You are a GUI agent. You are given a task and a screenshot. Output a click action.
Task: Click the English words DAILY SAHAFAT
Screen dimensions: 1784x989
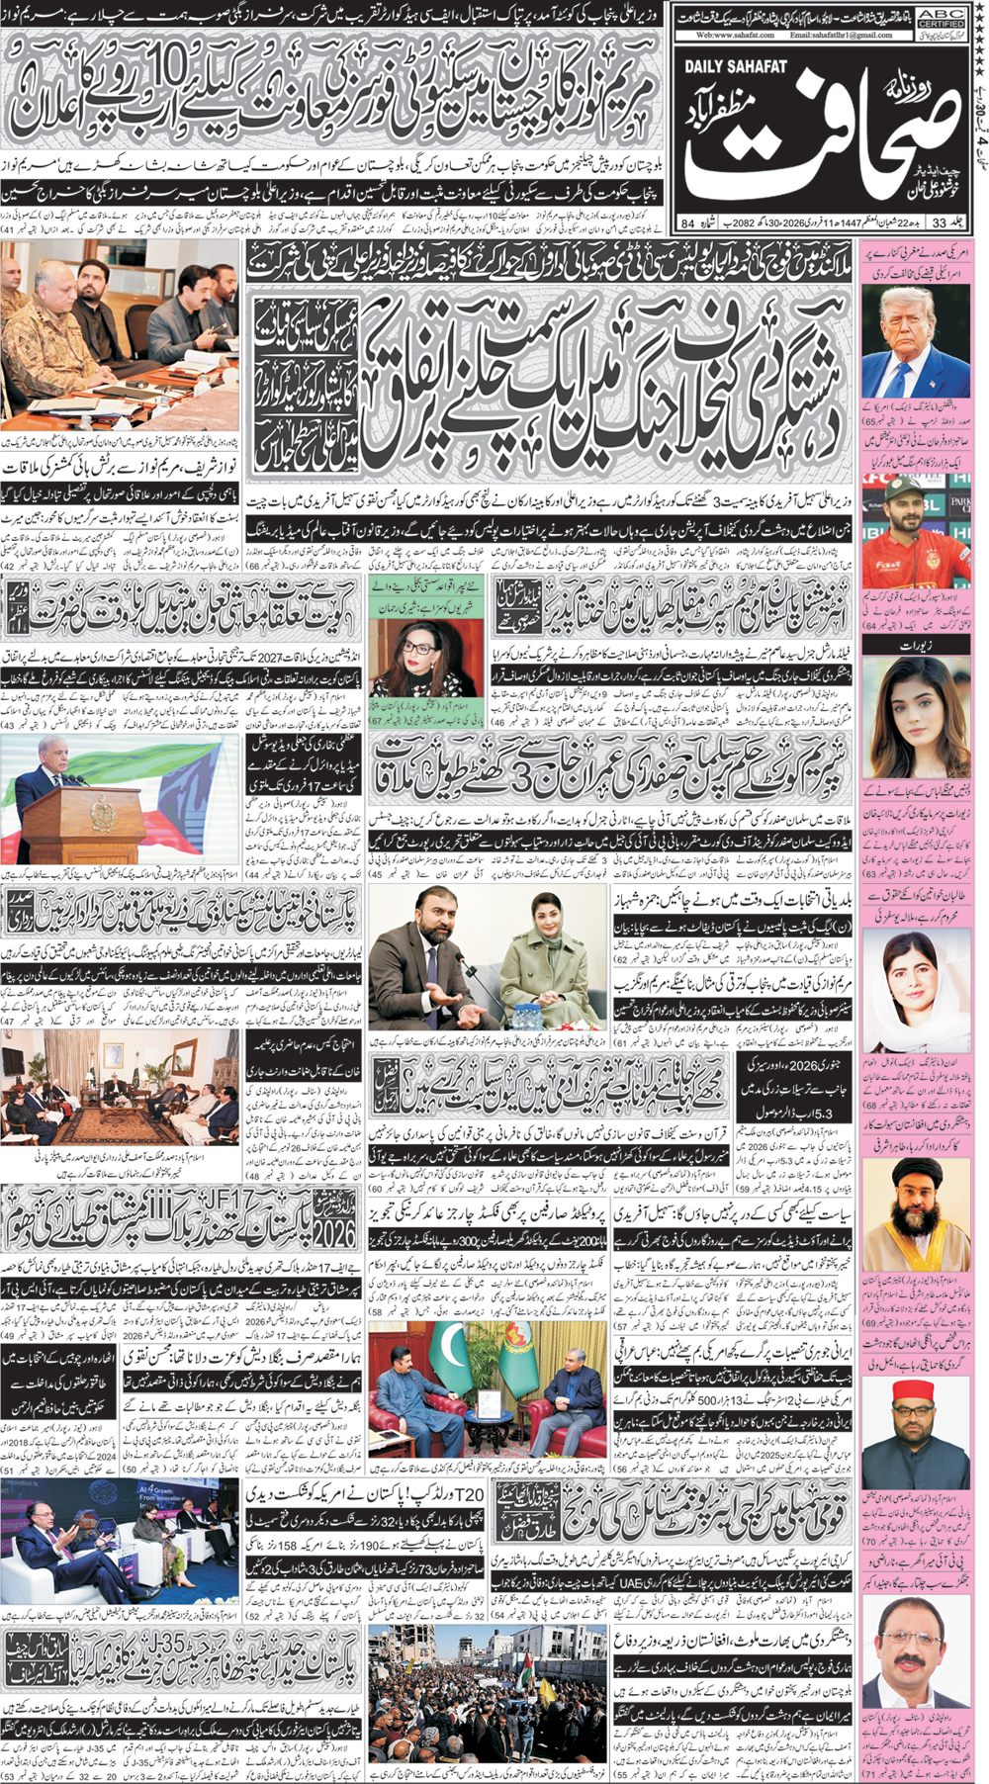(x=735, y=66)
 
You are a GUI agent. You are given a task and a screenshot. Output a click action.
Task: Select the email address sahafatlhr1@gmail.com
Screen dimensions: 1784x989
(x=841, y=35)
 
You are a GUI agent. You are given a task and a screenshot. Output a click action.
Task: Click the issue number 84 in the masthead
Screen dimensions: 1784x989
(x=687, y=223)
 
